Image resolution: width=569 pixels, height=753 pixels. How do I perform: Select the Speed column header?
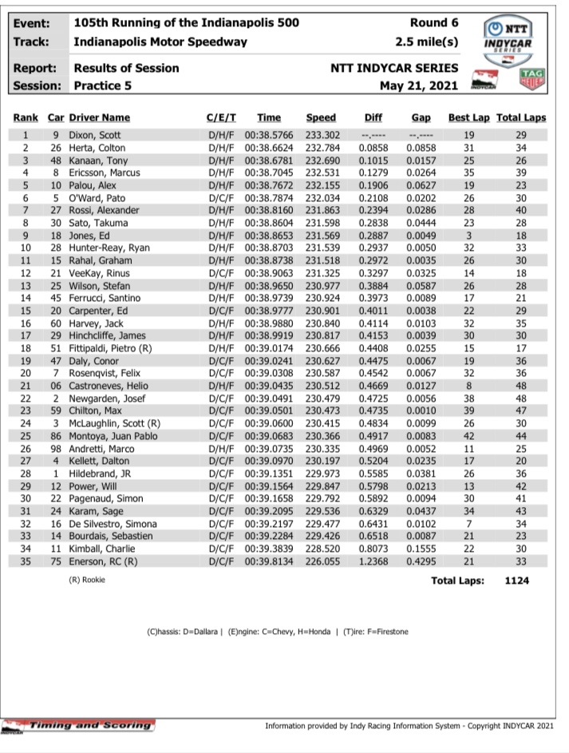click(x=321, y=117)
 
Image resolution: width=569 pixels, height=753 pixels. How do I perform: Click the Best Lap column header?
click(x=469, y=117)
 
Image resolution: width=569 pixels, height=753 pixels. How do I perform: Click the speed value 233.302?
click(x=321, y=136)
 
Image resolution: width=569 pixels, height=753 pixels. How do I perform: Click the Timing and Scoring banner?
click(x=79, y=725)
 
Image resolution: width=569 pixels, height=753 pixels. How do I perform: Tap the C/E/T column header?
click(x=222, y=117)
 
